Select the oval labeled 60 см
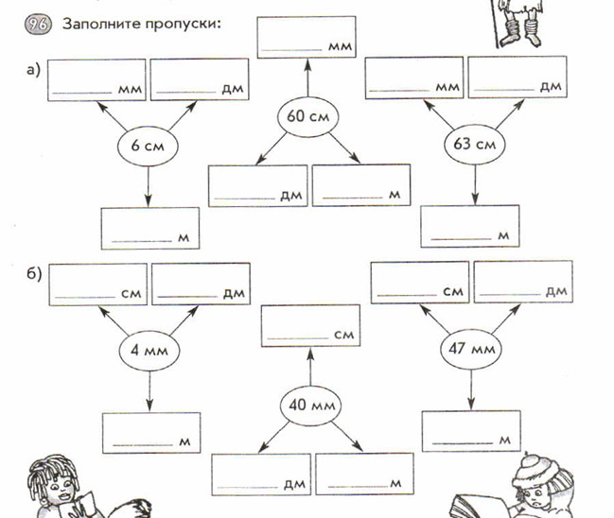308,118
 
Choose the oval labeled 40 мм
310,406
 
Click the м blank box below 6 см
150,228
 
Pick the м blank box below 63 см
470,225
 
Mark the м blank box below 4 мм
151,433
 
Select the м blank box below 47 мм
471,432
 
